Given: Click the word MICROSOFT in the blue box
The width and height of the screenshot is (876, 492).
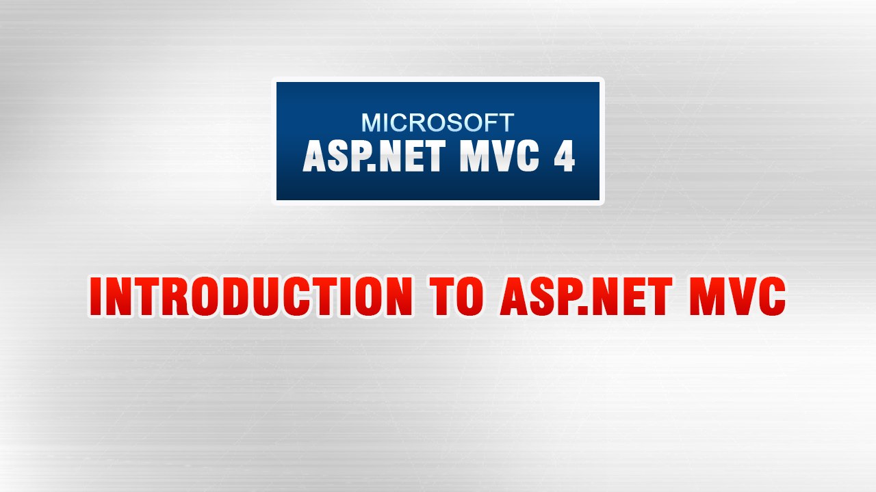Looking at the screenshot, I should [437, 123].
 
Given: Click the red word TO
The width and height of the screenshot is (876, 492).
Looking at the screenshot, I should [456, 297].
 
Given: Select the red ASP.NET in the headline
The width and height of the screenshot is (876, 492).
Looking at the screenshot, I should [592, 297].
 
